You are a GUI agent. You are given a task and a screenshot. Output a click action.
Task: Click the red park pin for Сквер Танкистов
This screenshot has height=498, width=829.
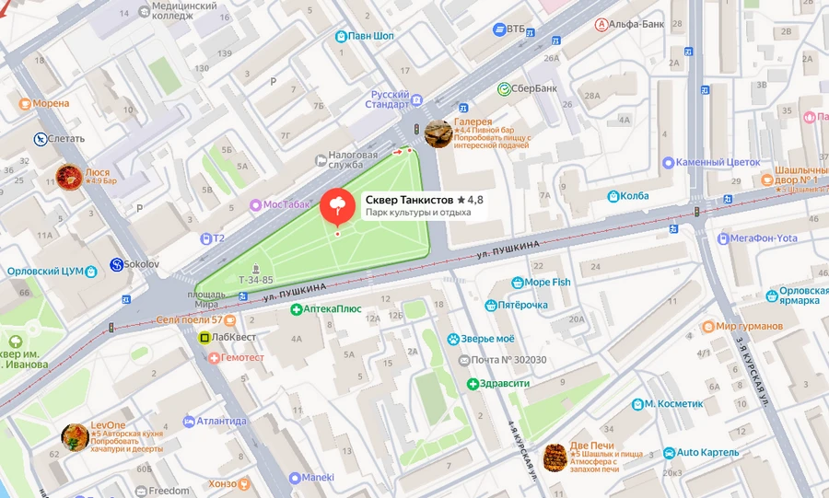point(337,205)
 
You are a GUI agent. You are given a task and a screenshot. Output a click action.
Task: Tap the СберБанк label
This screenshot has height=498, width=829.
point(534,88)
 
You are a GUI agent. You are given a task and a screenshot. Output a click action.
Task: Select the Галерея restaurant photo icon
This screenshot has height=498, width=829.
point(438,133)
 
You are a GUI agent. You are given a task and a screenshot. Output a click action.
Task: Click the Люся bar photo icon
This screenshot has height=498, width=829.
point(68,177)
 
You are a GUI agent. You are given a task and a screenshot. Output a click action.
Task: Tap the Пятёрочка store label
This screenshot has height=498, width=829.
point(530,305)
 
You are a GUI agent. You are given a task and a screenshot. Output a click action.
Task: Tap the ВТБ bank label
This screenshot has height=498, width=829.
point(515,29)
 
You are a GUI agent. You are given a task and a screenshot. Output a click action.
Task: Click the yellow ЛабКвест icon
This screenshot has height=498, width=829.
point(204,338)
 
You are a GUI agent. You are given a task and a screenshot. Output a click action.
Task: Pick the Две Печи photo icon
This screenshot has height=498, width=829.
point(555,457)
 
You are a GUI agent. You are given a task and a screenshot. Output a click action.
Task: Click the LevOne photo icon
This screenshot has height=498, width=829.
point(75,437)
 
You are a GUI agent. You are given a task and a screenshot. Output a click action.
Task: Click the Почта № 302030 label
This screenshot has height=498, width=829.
point(508,360)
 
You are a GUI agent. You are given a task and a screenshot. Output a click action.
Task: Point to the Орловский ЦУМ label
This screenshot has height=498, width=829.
point(46,272)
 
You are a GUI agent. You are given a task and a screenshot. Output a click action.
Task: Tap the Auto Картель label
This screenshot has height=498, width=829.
point(707,452)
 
